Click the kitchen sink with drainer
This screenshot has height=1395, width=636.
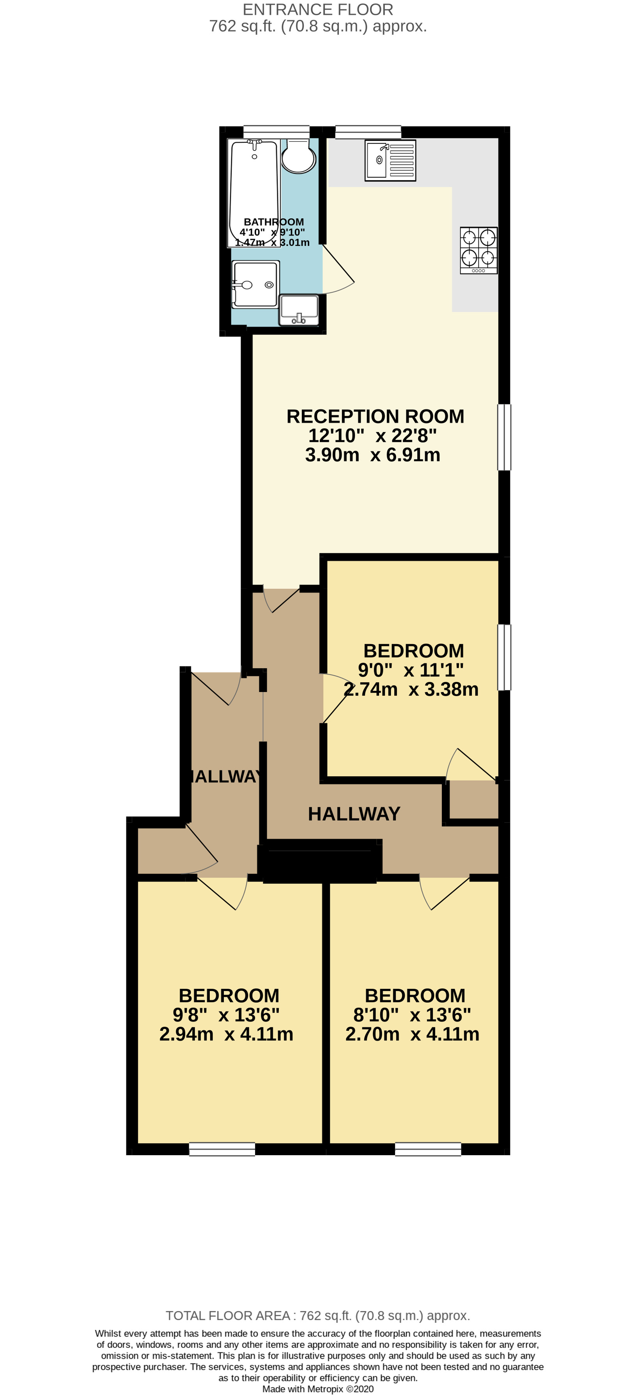pos(390,160)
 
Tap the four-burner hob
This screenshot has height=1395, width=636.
pos(478,250)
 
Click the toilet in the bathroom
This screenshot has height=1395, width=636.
pos(298,156)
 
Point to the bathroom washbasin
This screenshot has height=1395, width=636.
pos(298,310)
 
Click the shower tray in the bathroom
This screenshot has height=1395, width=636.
pos(256,284)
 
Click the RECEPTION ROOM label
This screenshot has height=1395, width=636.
pos(375,416)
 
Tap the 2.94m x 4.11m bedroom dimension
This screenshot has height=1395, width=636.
pos(226,1034)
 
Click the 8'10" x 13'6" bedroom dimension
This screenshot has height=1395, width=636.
pos(412,1014)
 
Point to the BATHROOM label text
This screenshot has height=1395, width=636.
pos(274,222)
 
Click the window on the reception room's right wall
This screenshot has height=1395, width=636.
pos(504,437)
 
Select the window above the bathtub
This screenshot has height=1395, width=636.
pos(276,132)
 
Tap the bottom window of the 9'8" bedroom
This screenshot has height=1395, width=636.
pos(222,1149)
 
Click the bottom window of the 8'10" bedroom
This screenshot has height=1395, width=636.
pos(428,1149)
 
